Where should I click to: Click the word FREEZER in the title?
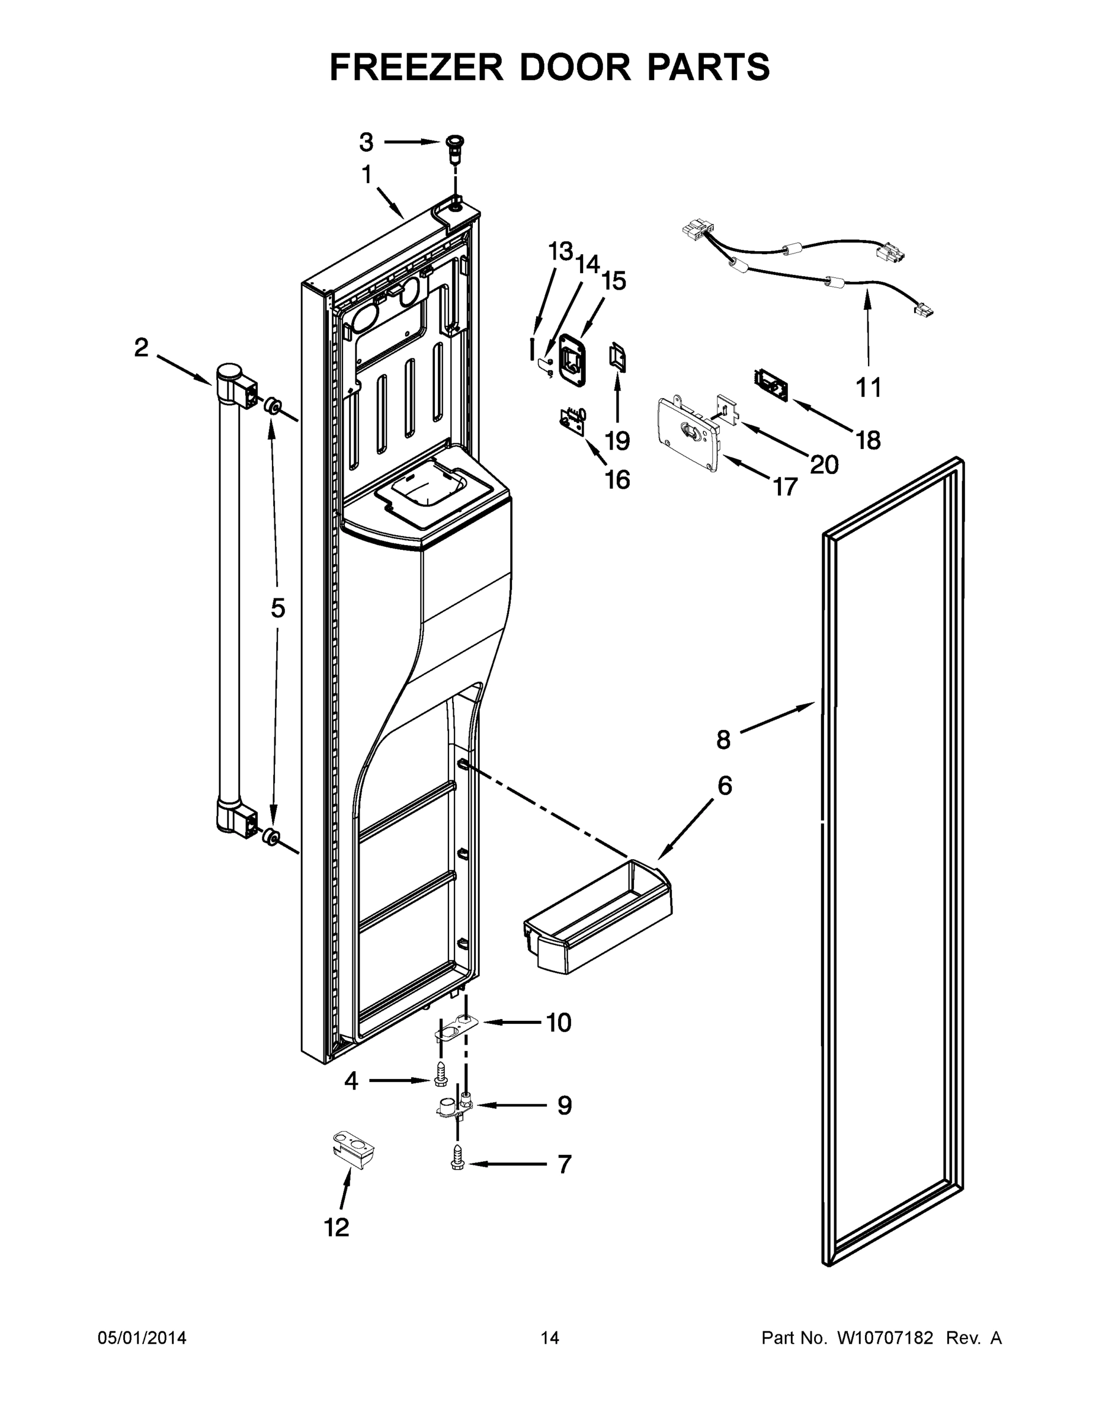click(x=416, y=67)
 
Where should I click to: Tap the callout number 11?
click(x=868, y=387)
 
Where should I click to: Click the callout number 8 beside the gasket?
click(x=723, y=739)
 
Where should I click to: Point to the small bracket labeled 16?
click(x=573, y=420)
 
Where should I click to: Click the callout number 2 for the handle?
click(x=141, y=348)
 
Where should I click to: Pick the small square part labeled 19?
click(x=617, y=357)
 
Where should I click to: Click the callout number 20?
click(x=824, y=465)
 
